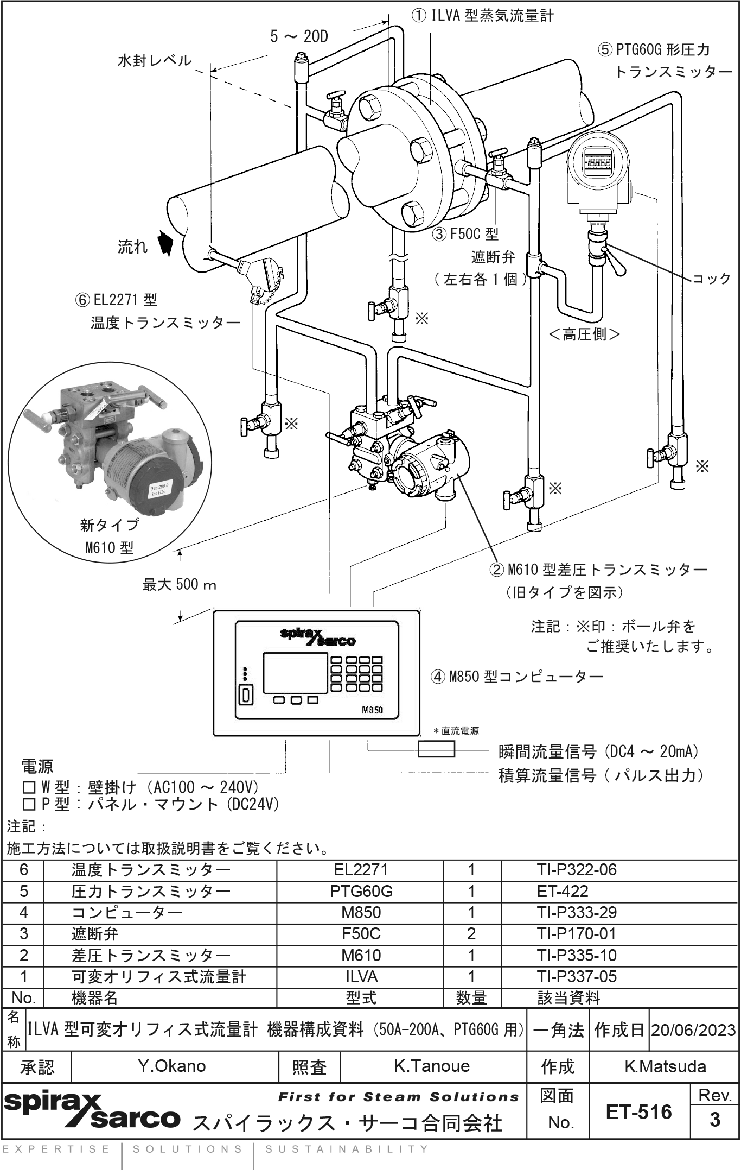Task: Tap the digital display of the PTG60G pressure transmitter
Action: click(597, 161)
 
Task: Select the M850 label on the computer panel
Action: click(372, 710)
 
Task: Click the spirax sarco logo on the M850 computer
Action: click(318, 636)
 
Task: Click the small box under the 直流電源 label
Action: click(436, 749)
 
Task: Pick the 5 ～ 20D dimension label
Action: click(299, 37)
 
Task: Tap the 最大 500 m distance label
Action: click(180, 585)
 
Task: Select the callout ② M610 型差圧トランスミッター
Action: click(597, 570)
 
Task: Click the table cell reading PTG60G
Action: click(361, 891)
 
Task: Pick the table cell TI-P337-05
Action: click(577, 976)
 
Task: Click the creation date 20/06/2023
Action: click(693, 1029)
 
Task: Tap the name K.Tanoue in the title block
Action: click(432, 1066)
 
